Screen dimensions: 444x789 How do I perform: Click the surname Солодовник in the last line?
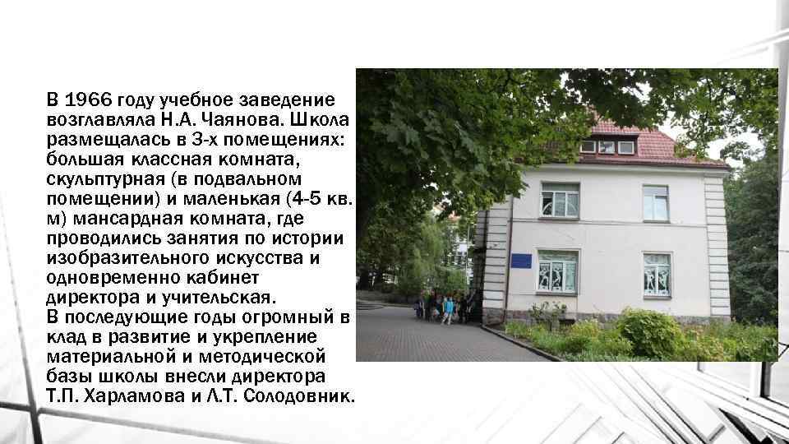coord(298,396)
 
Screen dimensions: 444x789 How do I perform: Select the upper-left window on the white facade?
coord(559,200)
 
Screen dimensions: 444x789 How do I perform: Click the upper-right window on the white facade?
coord(655,202)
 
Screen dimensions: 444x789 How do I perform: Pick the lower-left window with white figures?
coord(557,271)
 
